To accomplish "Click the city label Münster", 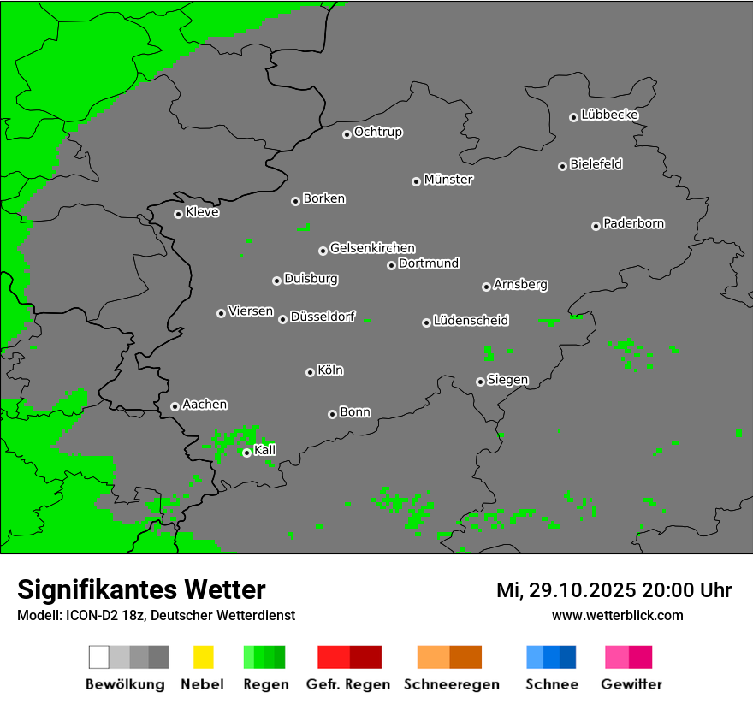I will pyautogui.click(x=448, y=180).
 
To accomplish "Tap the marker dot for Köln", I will pyautogui.click(x=310, y=372).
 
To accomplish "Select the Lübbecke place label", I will pyautogui.click(x=609, y=115).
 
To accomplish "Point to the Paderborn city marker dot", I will pyautogui.click(x=596, y=226).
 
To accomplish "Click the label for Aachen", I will pyautogui.click(x=205, y=405).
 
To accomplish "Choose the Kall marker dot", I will pyautogui.click(x=246, y=453).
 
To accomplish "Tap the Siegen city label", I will pyautogui.click(x=507, y=380).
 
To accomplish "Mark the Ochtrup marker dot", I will pyautogui.click(x=347, y=133).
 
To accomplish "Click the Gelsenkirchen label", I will pyautogui.click(x=372, y=248).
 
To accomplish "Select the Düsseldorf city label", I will pyautogui.click(x=323, y=317).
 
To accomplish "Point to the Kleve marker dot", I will pyautogui.click(x=178, y=214).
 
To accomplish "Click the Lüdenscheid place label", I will pyautogui.click(x=471, y=321).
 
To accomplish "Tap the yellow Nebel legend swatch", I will pyautogui.click(x=203, y=657).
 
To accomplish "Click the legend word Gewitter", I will pyautogui.click(x=631, y=684).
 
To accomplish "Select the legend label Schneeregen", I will pyautogui.click(x=451, y=684).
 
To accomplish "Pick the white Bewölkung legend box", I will pyautogui.click(x=99, y=657).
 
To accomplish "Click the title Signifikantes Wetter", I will pyautogui.click(x=141, y=589).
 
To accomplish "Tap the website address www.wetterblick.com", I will pyautogui.click(x=617, y=615).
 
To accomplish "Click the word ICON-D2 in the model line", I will pyautogui.click(x=91, y=615).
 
